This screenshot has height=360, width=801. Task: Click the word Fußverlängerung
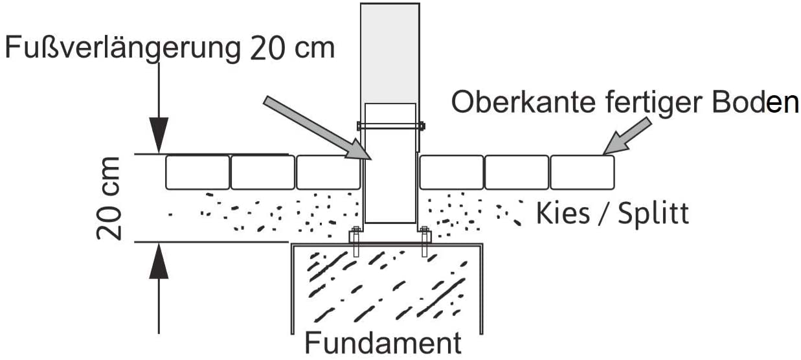click(x=122, y=49)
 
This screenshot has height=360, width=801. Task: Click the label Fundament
click(x=383, y=343)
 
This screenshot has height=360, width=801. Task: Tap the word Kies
click(x=563, y=213)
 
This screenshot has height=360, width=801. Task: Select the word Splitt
click(x=653, y=214)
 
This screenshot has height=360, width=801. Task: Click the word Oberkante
click(x=523, y=102)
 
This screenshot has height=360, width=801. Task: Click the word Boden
click(x=755, y=102)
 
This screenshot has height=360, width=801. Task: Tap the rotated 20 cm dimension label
click(x=109, y=198)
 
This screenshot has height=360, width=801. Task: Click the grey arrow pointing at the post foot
click(x=318, y=128)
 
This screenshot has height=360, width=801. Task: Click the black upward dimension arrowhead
click(x=159, y=261)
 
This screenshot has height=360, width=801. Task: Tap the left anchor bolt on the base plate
click(x=355, y=242)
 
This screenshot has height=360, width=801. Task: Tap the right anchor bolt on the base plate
click(x=424, y=242)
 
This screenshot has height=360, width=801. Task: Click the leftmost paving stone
click(x=197, y=172)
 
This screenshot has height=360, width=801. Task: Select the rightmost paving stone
click(x=583, y=172)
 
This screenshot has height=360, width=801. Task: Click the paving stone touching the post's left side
click(x=328, y=172)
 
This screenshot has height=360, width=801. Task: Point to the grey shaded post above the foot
click(x=390, y=54)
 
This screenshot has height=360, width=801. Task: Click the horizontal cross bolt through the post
click(x=391, y=126)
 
